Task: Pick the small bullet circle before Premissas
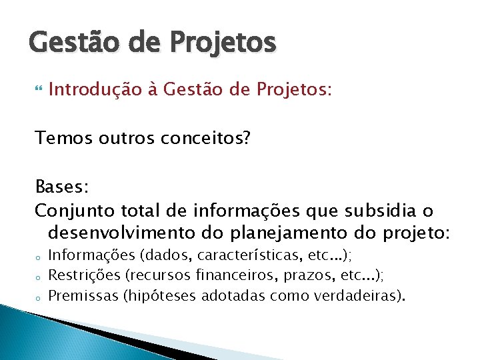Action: pos(39,295)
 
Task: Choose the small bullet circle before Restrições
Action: pos(39,276)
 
